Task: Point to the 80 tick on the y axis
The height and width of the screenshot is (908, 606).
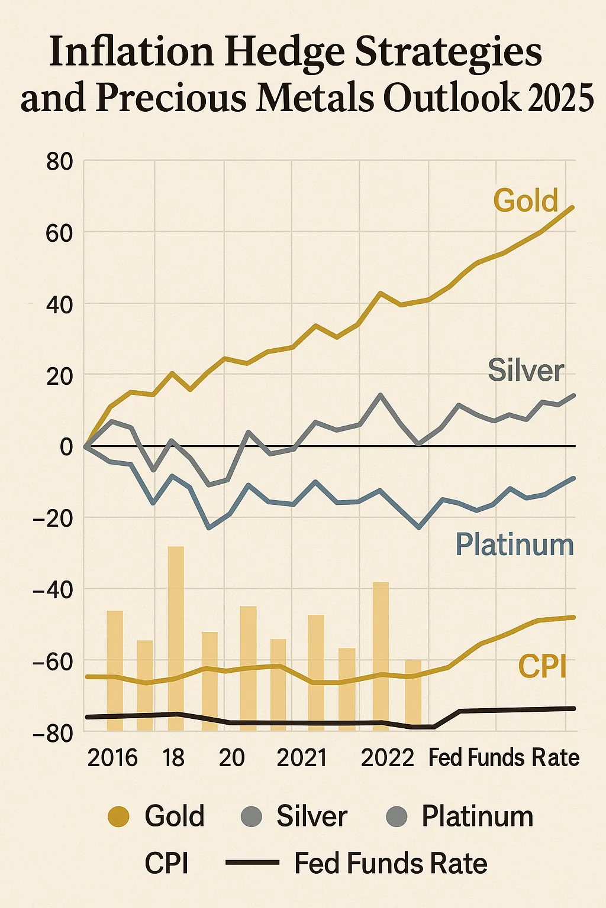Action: [59, 161]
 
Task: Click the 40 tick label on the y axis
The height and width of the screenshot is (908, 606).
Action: [59, 305]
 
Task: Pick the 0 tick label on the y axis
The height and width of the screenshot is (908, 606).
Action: [66, 447]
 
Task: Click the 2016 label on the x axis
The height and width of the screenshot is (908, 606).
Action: [112, 758]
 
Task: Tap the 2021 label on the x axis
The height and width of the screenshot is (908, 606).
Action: [302, 758]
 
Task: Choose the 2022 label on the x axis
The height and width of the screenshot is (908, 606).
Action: [388, 758]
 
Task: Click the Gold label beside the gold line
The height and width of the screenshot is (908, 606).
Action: [526, 201]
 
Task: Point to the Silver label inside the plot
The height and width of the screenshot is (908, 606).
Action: [526, 371]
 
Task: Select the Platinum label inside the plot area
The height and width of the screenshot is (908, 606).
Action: [514, 544]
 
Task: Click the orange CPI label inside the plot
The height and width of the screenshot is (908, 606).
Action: [542, 667]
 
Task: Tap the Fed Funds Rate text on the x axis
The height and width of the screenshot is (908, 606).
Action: [504, 758]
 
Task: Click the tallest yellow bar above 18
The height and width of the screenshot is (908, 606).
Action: [176, 638]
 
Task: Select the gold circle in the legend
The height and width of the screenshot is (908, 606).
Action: [118, 817]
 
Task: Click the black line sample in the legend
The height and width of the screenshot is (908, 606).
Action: [252, 864]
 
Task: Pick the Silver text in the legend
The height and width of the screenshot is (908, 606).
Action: [312, 817]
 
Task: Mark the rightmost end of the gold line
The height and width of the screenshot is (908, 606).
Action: [573, 207]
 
